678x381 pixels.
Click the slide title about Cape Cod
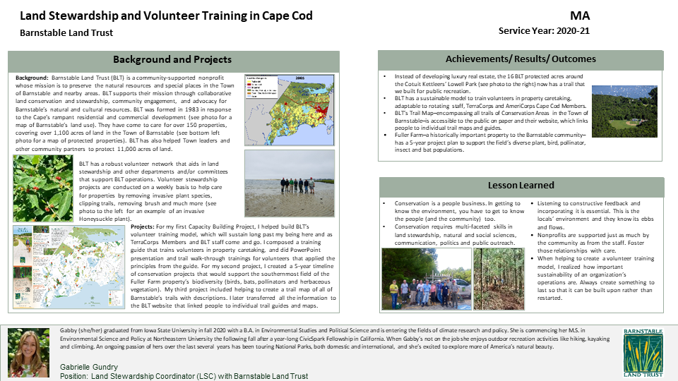tap(158, 16)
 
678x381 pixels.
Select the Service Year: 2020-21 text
tap(544, 32)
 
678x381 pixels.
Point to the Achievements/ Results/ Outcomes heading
tap(521, 59)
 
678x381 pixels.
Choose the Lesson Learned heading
tap(521, 186)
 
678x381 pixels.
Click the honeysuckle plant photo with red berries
tap(44, 188)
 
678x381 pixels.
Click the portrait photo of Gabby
tap(28, 353)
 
